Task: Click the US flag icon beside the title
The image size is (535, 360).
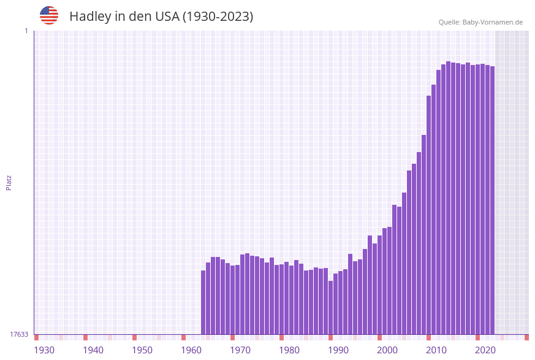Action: (49, 15)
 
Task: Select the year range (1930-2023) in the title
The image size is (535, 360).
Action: (218, 17)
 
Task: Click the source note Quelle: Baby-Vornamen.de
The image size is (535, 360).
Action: (480, 22)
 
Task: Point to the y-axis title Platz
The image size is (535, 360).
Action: (9, 182)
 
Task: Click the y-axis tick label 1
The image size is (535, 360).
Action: (26, 31)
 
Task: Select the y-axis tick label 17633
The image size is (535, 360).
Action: (19, 334)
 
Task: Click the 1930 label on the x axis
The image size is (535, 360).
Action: (44, 350)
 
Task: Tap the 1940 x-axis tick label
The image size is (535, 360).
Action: (93, 350)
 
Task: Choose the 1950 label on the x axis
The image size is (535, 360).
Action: (142, 350)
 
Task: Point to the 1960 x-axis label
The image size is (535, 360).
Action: (191, 350)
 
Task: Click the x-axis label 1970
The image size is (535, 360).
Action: (240, 350)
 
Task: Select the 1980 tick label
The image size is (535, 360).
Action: (289, 350)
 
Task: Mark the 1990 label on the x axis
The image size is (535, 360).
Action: (338, 350)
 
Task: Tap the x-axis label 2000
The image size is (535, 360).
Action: (387, 350)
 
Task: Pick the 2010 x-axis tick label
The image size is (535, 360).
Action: (436, 350)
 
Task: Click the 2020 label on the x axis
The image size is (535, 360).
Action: (485, 350)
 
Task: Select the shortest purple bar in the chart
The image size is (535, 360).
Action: (331, 307)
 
